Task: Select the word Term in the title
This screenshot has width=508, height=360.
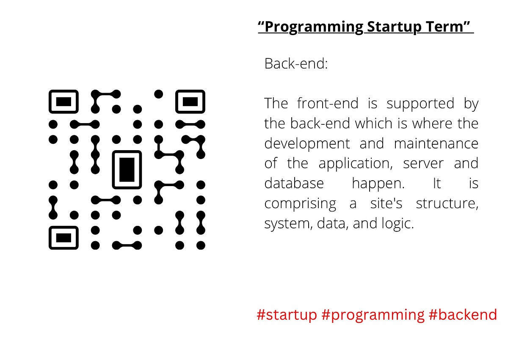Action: coord(447,27)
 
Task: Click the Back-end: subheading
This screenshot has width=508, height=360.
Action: coord(296,64)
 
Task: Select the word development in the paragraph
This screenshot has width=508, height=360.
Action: coord(307,144)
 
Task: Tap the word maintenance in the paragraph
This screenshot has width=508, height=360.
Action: coord(436,143)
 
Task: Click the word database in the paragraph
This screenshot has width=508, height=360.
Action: coord(294,184)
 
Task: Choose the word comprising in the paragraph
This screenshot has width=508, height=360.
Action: coord(300,204)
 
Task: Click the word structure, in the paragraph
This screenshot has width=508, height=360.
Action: coord(447,203)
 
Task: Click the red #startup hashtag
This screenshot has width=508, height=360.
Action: coord(287,315)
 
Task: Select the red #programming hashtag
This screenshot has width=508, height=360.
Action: coord(373,315)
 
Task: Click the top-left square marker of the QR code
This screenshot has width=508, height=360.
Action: coord(63,102)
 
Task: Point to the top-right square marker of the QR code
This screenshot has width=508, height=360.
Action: coord(190,102)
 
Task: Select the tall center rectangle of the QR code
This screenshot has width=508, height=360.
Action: coord(127,169)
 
